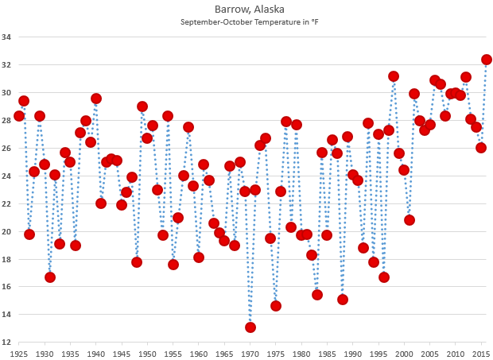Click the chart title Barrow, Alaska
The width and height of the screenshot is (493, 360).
tap(246, 9)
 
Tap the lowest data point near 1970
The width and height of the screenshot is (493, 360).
tap(250, 327)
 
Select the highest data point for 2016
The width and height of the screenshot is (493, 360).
tap(487, 60)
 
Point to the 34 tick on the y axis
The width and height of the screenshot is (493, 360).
tap(6, 37)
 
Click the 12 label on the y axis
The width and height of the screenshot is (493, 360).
tap(6, 343)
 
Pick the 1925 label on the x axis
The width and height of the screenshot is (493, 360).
tap(19, 353)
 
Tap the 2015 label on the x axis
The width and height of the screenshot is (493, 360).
tap(481, 353)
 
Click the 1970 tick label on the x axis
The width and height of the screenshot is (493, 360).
tap(250, 353)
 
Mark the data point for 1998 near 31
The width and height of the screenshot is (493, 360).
tap(394, 76)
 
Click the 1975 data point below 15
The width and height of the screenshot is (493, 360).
tap(276, 306)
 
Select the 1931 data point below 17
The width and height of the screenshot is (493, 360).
tap(50, 277)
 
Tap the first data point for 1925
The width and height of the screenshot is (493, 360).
tap(19, 116)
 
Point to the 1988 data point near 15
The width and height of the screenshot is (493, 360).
tap(343, 300)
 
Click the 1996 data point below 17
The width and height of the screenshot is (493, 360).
tap(384, 277)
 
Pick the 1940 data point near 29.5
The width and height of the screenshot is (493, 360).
tap(96, 99)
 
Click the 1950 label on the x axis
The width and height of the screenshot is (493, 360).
tap(148, 353)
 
